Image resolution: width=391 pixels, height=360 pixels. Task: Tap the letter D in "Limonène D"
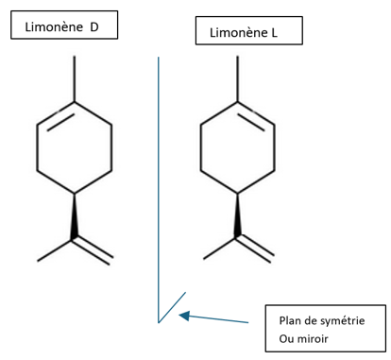tap(94, 27)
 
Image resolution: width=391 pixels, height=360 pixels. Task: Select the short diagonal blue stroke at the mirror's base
tap(170, 308)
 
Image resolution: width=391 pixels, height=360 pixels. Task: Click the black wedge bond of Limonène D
tap(74, 216)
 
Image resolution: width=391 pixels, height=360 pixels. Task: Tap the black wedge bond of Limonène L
tap(238, 216)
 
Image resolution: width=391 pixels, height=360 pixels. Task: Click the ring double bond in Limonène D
tap(55, 115)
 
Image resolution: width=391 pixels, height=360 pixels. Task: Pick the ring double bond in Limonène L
tap(256, 115)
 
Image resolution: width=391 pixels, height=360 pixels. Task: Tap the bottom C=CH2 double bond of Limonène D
tap(93, 248)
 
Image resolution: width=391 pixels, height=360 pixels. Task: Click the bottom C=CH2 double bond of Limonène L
tap(257, 248)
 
